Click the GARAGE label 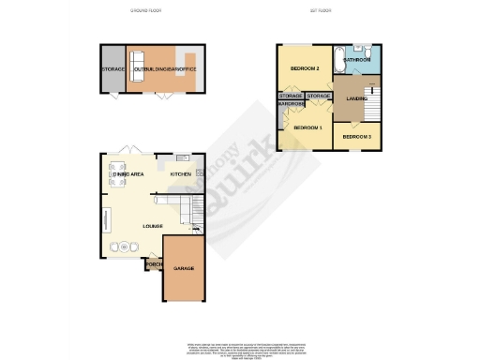(183, 269)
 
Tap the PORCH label (154, 264)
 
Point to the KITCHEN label (181, 174)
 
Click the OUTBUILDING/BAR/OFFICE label (160, 69)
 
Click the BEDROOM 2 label (305, 69)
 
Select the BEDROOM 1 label (307, 127)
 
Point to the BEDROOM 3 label (356, 137)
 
